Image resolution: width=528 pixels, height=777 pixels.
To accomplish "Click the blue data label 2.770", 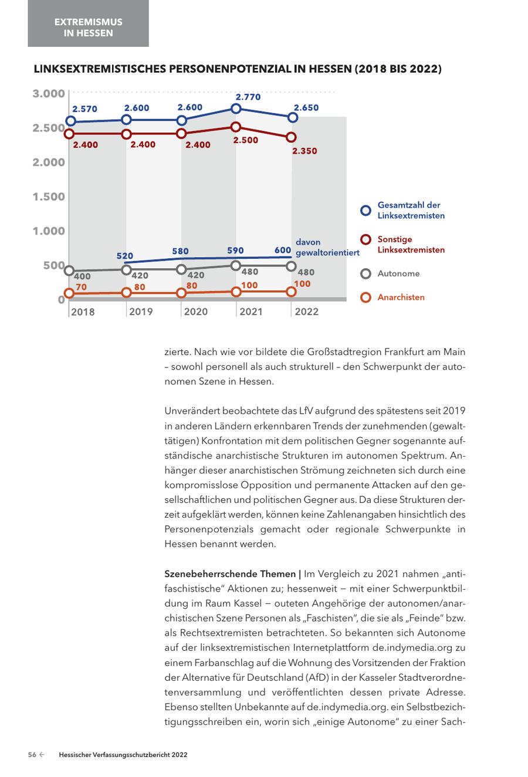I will [248, 97].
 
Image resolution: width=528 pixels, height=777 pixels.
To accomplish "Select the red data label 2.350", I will [304, 151].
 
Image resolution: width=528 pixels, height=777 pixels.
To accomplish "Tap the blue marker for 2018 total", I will [70, 121].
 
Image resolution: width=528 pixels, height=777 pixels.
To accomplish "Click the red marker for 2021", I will [236, 127].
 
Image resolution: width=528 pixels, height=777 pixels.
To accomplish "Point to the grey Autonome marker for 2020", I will [182, 269].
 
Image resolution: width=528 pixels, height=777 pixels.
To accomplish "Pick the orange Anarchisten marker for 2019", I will [126, 292].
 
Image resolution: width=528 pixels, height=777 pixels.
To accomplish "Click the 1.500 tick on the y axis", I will [49, 197].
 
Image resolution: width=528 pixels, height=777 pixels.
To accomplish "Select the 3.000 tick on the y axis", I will [49, 94].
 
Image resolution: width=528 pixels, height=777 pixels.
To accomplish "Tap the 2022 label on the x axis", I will [306, 312].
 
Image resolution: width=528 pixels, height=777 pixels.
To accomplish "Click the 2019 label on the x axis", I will [141, 312].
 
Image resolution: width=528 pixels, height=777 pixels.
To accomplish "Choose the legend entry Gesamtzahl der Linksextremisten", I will [410, 210].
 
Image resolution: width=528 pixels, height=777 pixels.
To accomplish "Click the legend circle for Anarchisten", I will [365, 298].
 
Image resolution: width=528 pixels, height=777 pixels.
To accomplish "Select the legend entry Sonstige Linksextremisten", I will [411, 245].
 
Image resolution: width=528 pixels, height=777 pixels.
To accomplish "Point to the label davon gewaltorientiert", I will [327, 248].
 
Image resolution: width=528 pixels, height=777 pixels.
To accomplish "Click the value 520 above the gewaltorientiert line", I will [125, 256].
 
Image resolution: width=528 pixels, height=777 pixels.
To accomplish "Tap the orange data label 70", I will [82, 287].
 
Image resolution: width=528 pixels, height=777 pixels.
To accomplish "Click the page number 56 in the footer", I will [33, 755].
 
